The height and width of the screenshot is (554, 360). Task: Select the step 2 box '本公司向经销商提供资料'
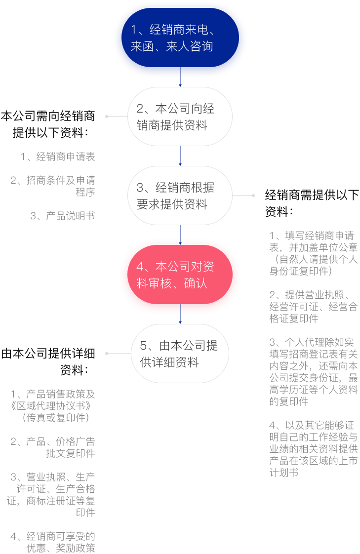coord(180,117)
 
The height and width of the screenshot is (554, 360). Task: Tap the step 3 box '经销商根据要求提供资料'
coord(180,196)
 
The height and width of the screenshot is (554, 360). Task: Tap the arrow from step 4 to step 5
coord(180,314)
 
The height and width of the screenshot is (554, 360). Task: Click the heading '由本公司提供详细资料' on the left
coord(48,361)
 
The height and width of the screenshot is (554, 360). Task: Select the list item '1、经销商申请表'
coord(58,157)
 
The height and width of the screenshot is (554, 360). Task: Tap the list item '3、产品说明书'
coord(63,216)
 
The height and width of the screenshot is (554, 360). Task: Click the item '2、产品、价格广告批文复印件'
coord(53,447)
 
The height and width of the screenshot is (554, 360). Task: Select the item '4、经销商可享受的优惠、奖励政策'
coord(53,542)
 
